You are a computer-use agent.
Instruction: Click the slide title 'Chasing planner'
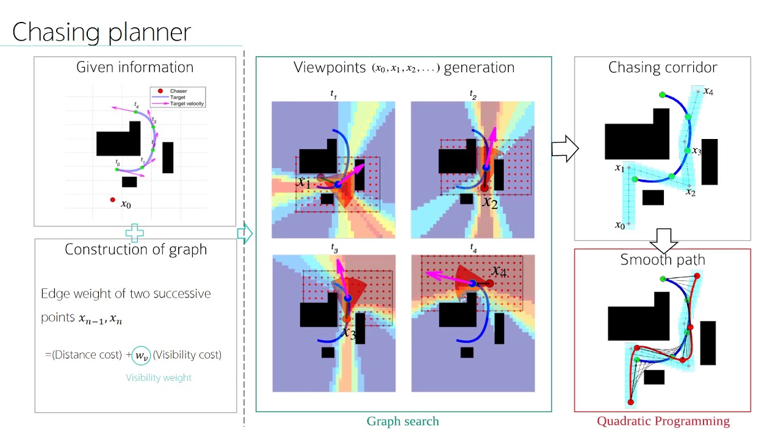[x=101, y=32]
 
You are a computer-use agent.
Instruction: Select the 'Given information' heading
[x=135, y=67]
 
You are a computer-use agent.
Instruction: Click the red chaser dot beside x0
[x=112, y=199]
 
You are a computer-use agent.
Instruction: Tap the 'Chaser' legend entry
[x=179, y=91]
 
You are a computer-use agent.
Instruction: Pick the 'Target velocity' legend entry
[x=187, y=104]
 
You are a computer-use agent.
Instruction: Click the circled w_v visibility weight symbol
[x=141, y=355]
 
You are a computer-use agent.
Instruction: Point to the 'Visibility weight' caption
[x=159, y=377]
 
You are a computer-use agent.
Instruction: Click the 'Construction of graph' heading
[x=135, y=249]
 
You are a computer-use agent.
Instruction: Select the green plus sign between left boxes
[x=134, y=233]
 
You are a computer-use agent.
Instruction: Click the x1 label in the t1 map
[x=304, y=182]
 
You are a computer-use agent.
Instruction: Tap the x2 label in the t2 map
[x=489, y=202]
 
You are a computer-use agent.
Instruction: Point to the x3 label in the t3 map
[x=348, y=332]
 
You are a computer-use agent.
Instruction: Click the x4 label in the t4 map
[x=498, y=271]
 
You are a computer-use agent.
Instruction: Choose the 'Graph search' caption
[x=402, y=421]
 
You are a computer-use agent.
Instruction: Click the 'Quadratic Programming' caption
[x=663, y=421]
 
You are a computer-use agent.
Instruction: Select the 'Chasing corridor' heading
[x=662, y=68]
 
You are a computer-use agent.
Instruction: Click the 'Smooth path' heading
[x=663, y=260]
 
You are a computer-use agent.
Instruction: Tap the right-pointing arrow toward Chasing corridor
[x=564, y=149]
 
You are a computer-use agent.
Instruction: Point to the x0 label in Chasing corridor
[x=619, y=226]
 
